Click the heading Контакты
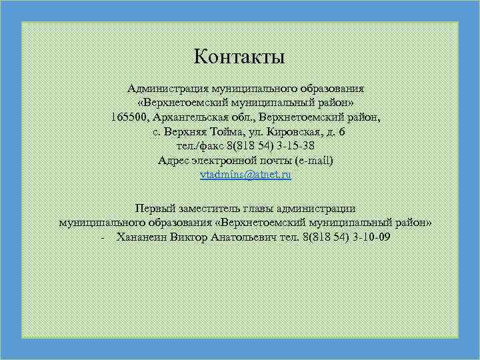point(239,57)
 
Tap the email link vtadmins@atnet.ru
point(246,175)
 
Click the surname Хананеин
point(141,236)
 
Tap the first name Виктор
point(189,236)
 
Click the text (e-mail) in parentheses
point(314,160)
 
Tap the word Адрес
point(174,160)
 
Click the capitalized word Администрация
point(167,89)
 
